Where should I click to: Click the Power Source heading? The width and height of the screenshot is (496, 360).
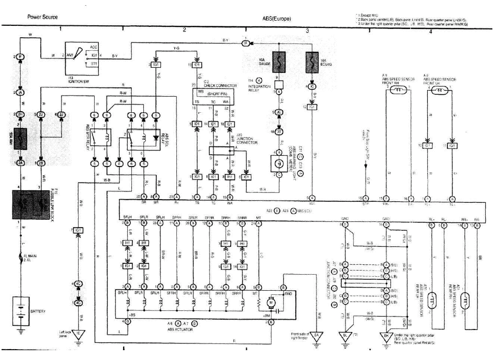42,17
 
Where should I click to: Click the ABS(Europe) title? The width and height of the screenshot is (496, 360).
277,19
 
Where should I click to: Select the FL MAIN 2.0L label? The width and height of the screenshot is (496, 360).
39,257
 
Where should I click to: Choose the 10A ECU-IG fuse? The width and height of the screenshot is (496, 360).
312,63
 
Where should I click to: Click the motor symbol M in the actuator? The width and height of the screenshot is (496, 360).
270,302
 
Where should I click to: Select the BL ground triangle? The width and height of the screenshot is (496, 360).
343,335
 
